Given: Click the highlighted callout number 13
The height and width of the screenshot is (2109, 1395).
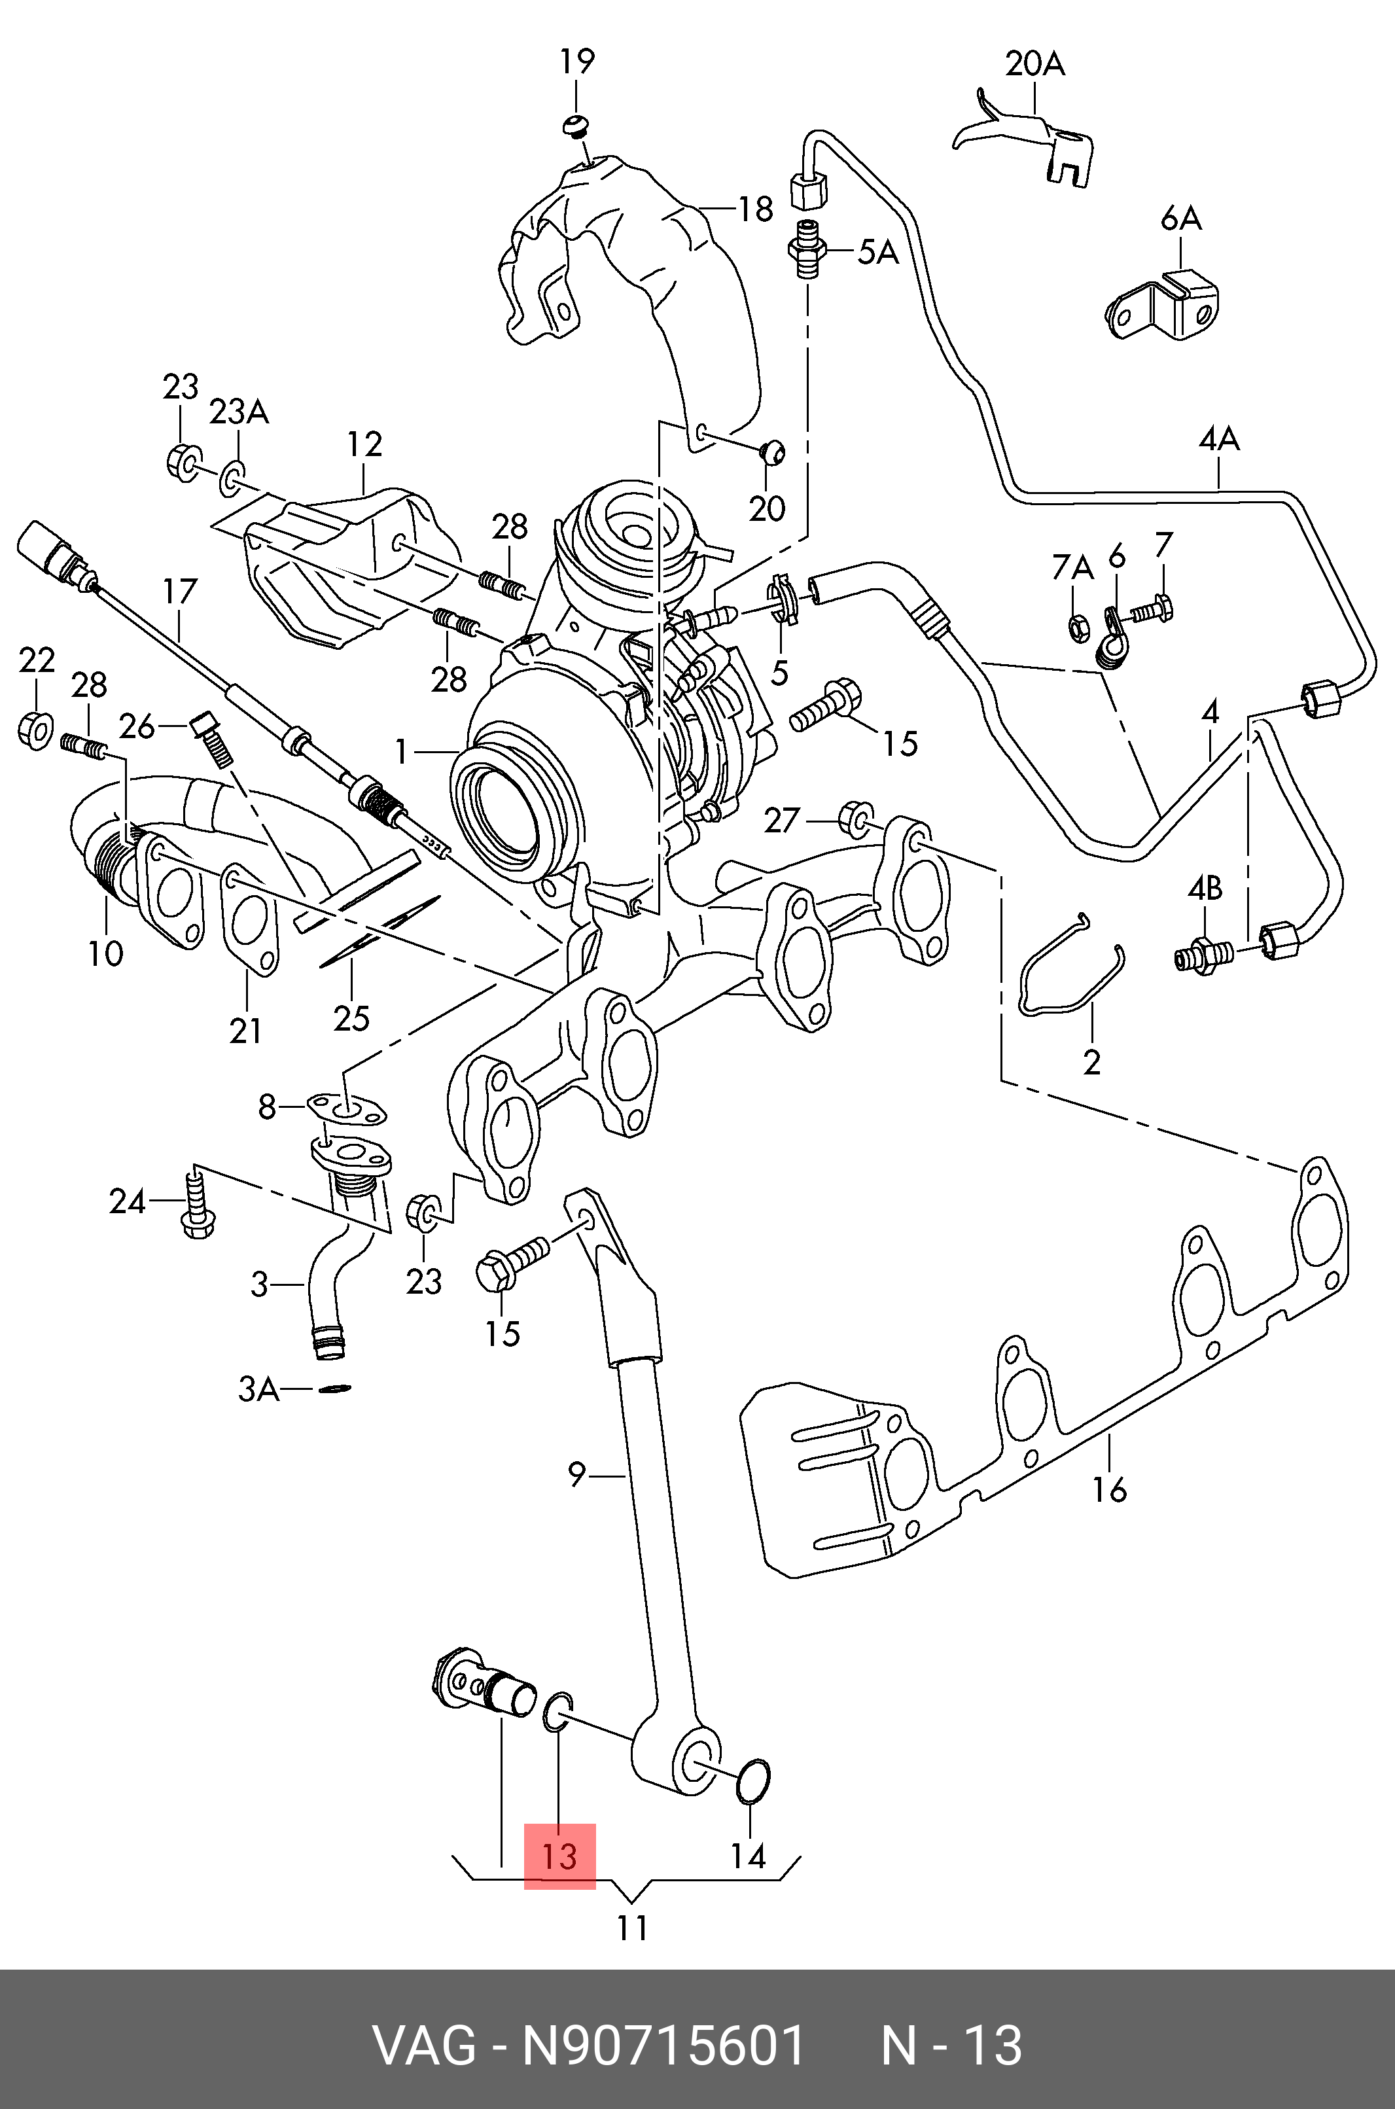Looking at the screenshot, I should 559,1856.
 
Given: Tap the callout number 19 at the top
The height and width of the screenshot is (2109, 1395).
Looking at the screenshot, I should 576,62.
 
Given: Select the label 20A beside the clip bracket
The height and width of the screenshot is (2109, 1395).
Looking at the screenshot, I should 1034,64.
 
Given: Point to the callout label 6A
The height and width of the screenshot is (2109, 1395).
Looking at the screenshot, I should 1180,217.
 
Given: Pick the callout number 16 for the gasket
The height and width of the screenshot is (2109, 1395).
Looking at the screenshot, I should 1110,1488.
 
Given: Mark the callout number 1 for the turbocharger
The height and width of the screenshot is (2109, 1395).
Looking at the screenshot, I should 402,753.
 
